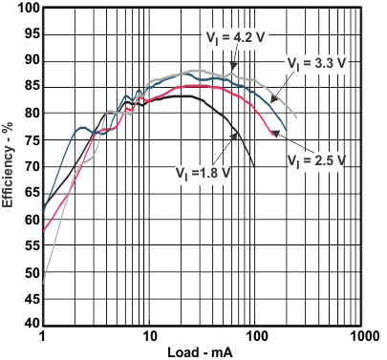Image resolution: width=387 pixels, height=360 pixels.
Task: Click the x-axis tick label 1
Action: [43, 338]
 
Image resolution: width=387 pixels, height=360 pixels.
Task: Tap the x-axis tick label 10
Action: [148, 338]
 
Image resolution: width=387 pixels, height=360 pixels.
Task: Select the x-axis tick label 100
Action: [255, 338]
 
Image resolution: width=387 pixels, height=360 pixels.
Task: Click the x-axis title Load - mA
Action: [203, 351]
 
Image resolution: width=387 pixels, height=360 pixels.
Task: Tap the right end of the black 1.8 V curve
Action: [254, 166]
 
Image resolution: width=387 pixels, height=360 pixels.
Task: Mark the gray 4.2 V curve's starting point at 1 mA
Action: [43, 283]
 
